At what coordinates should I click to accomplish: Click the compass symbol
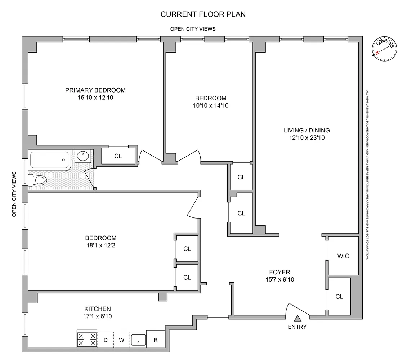pos(384,49)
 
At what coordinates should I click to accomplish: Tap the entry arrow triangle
pos(298,318)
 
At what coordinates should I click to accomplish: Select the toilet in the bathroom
pos(37,180)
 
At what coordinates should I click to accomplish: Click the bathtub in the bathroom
pos(50,160)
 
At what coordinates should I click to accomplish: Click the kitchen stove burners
pos(87,339)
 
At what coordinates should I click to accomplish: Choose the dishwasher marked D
pos(106,340)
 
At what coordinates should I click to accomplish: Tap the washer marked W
pos(121,340)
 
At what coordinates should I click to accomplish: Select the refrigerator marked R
pos(156,339)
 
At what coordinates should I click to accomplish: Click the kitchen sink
pos(138,340)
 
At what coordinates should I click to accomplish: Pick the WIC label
pos(343,256)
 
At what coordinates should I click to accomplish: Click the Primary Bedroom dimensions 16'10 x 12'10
pos(95,98)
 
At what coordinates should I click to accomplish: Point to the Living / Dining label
pos(307,130)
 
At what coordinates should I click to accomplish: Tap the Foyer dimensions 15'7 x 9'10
pos(279,280)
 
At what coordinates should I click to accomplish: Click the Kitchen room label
pos(98,309)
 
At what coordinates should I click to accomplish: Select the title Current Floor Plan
pos(203,14)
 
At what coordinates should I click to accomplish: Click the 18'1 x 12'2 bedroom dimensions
pos(101,246)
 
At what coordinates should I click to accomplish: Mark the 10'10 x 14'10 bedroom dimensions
pos(211,105)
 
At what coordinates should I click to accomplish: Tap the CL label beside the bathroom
pos(118,156)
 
